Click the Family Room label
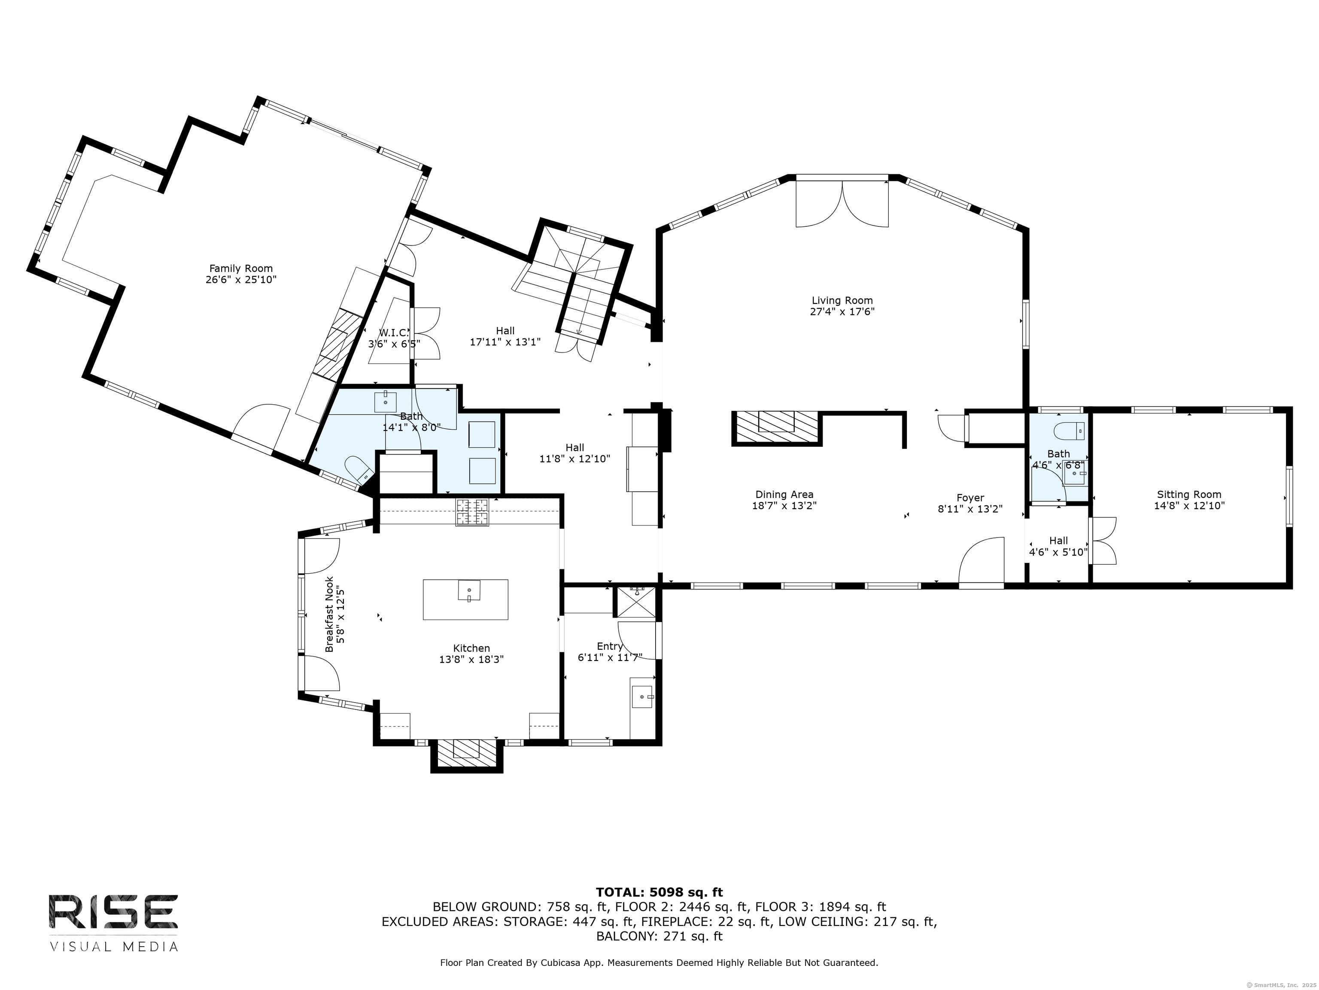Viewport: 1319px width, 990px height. (x=241, y=269)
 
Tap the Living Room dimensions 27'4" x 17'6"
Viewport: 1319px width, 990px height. (x=842, y=312)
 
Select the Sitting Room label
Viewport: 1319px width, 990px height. (x=1189, y=494)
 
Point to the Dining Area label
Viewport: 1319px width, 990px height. (x=784, y=494)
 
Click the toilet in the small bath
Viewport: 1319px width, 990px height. (x=1069, y=430)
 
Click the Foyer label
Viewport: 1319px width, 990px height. (x=970, y=498)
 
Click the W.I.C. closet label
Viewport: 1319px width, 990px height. (x=394, y=333)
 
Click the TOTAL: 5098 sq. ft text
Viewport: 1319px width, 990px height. (x=659, y=892)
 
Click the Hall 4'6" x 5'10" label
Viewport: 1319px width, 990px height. (x=1058, y=546)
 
